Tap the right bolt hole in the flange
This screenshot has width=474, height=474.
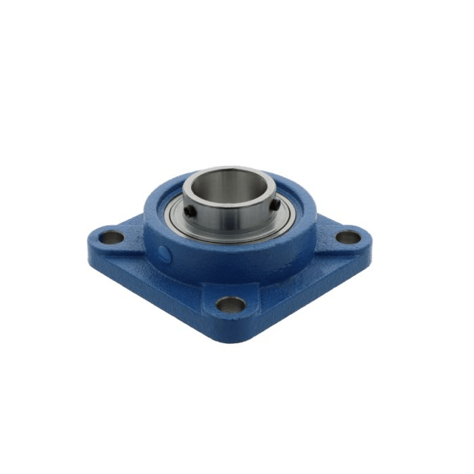[347, 238]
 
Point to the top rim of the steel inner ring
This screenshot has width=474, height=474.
[230, 171]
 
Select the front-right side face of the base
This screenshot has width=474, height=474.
[311, 291]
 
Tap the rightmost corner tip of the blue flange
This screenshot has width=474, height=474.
[372, 245]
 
